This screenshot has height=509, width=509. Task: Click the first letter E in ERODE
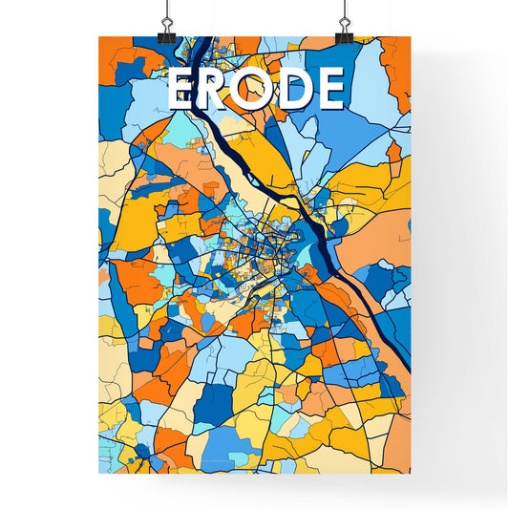pos(184,90)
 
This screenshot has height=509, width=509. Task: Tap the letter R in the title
pos(219,90)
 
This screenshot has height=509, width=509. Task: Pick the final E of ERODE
pos(329,90)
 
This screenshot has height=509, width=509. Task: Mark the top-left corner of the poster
pos(99,37)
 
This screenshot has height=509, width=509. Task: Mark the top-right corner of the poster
pos(412,37)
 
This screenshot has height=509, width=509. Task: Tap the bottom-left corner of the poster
pos(99,475)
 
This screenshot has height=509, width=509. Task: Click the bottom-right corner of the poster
pos(412,475)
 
